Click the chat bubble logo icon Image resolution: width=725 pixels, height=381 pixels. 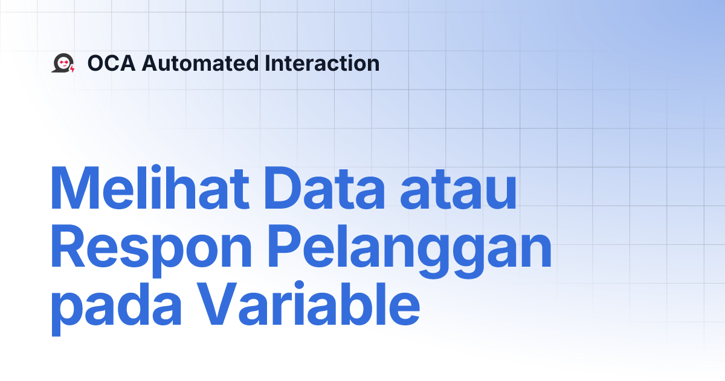pyautogui.click(x=62, y=63)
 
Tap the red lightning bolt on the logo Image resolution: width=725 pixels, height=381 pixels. pyautogui.click(x=72, y=69)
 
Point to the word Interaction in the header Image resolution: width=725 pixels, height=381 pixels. pyautogui.click(x=322, y=63)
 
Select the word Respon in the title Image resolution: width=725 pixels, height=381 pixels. pyautogui.click(x=151, y=249)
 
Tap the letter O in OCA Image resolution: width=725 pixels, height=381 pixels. pyautogui.click(x=96, y=63)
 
